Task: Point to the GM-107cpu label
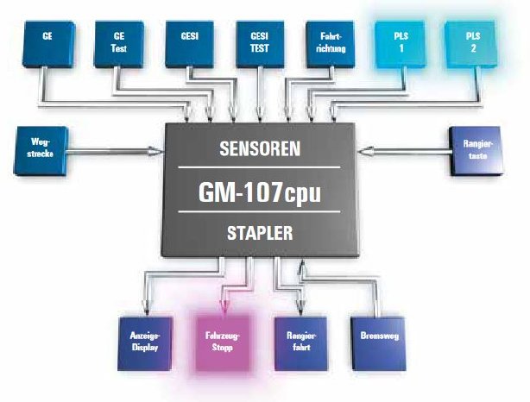pos(260,192)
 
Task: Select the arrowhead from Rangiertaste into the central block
pos(365,153)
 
